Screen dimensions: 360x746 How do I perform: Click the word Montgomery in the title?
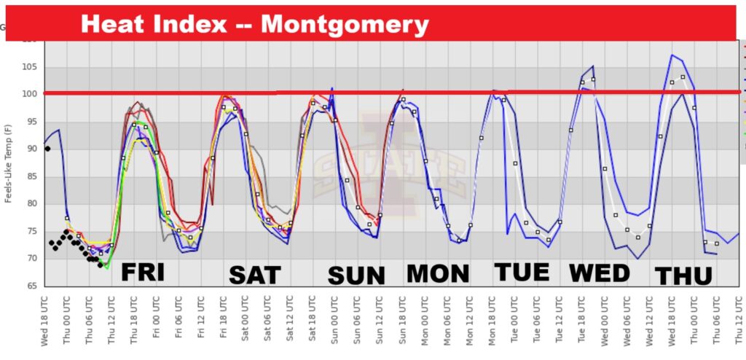tap(345, 24)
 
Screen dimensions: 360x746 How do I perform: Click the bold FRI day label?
tap(143, 272)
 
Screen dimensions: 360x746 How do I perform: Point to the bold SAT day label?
tap(254, 275)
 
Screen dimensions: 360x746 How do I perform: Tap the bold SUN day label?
tap(356, 275)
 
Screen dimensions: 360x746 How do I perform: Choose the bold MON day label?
tap(438, 273)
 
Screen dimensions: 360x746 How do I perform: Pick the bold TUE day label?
tap(522, 272)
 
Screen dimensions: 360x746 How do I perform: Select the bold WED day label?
tap(599, 273)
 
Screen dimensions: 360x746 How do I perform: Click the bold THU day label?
tap(683, 276)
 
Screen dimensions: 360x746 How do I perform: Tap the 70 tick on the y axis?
tap(31, 259)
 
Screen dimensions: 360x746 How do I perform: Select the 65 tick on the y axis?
tap(31, 286)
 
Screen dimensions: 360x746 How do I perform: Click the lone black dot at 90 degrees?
tap(47, 149)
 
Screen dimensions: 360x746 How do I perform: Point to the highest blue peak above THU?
tap(672, 55)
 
